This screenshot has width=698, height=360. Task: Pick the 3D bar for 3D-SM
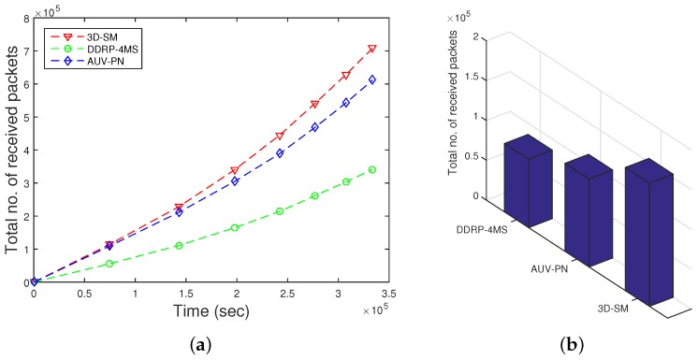(647, 229)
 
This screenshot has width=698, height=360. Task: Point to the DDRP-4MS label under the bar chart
(484, 228)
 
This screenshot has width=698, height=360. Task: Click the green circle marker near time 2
(236, 227)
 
